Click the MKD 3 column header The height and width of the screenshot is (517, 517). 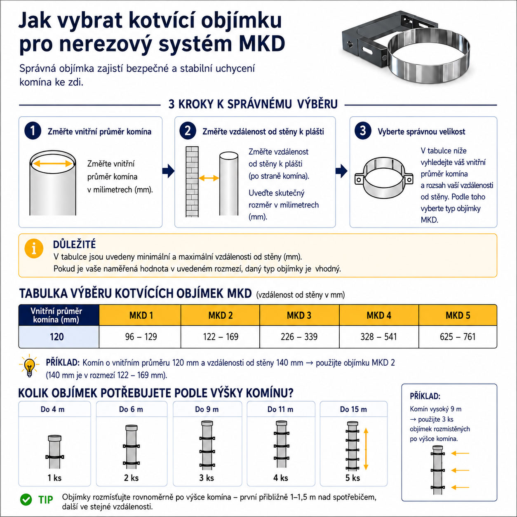click(x=299, y=315)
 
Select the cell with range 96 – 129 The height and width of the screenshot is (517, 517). click(x=141, y=337)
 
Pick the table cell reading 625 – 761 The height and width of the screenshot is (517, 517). click(x=458, y=337)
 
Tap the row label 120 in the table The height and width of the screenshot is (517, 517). click(x=56, y=337)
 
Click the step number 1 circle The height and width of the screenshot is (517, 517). click(x=33, y=131)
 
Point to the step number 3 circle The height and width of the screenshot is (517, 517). click(x=363, y=131)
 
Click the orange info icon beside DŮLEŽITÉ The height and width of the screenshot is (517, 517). click(x=34, y=249)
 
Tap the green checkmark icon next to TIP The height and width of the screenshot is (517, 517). click(x=26, y=500)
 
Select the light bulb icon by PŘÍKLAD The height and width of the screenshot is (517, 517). click(x=29, y=366)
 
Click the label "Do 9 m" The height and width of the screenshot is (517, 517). click(x=207, y=409)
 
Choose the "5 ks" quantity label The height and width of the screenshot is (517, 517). click(x=352, y=478)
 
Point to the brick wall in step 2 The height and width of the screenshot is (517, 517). click(x=192, y=182)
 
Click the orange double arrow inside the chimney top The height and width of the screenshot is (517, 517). click(x=53, y=163)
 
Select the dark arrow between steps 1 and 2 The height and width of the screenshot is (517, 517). click(x=169, y=171)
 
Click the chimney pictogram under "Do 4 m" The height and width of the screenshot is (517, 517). click(x=55, y=452)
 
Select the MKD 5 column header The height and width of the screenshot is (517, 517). click(x=458, y=315)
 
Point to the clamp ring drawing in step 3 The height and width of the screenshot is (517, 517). click(x=384, y=178)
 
